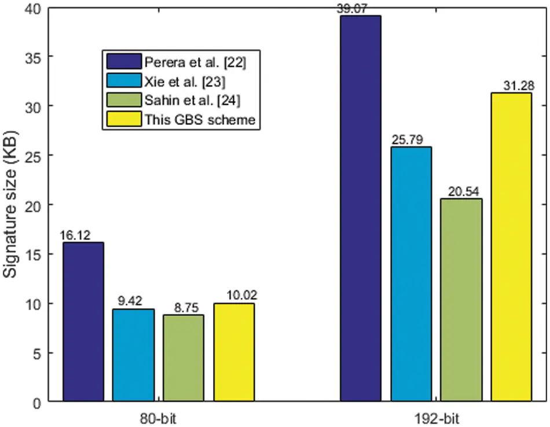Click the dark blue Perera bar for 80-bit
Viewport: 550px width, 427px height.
(83, 322)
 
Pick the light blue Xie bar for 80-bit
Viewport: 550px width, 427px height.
(134, 355)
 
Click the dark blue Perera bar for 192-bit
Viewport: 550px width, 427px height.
(361, 208)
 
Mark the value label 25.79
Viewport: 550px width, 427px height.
(411, 141)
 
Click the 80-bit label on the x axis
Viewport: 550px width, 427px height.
(159, 417)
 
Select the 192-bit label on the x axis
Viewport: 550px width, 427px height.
(436, 417)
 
